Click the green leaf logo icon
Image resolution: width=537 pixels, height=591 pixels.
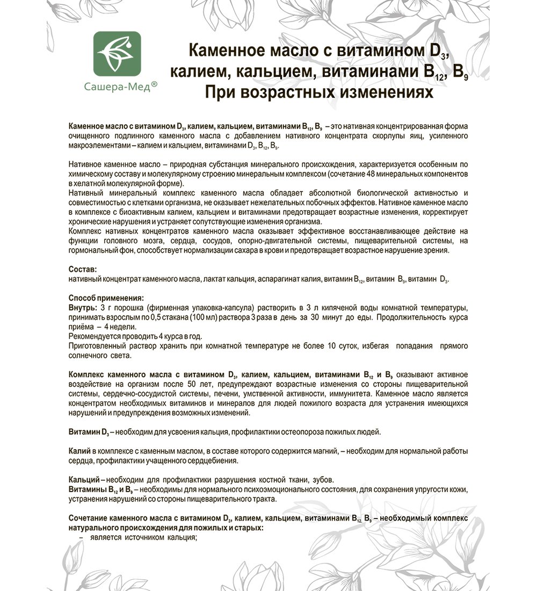117,54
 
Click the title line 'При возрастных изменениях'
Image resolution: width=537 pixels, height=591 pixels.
318,92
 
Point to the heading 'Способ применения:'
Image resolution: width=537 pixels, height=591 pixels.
106,297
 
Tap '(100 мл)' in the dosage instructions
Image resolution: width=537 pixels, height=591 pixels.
202,318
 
